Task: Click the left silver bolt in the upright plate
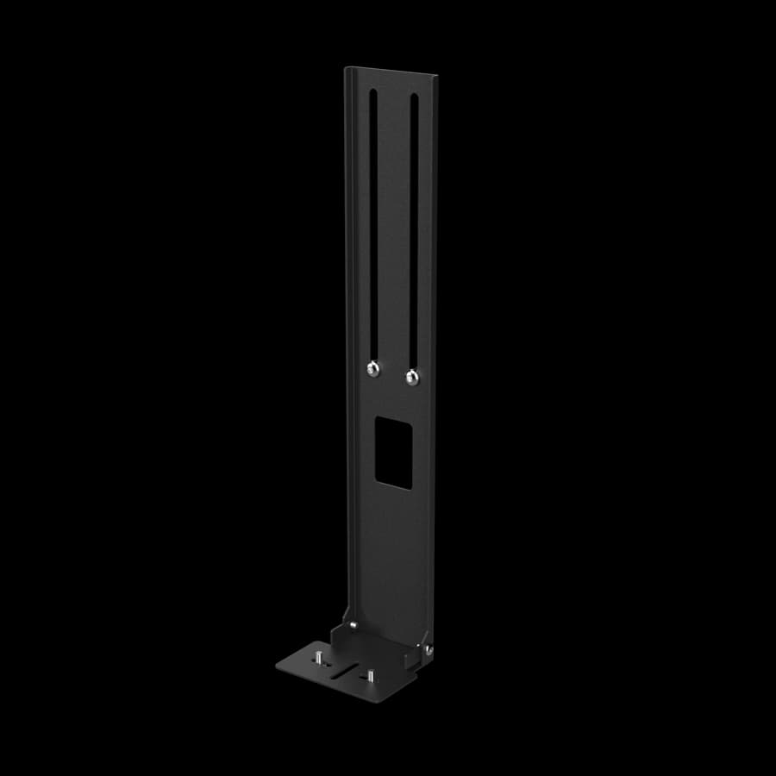pos(371,369)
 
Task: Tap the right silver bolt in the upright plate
pos(411,375)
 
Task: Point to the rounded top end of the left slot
pos(372,91)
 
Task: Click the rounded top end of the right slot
pos(414,97)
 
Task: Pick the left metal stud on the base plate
pos(321,659)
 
